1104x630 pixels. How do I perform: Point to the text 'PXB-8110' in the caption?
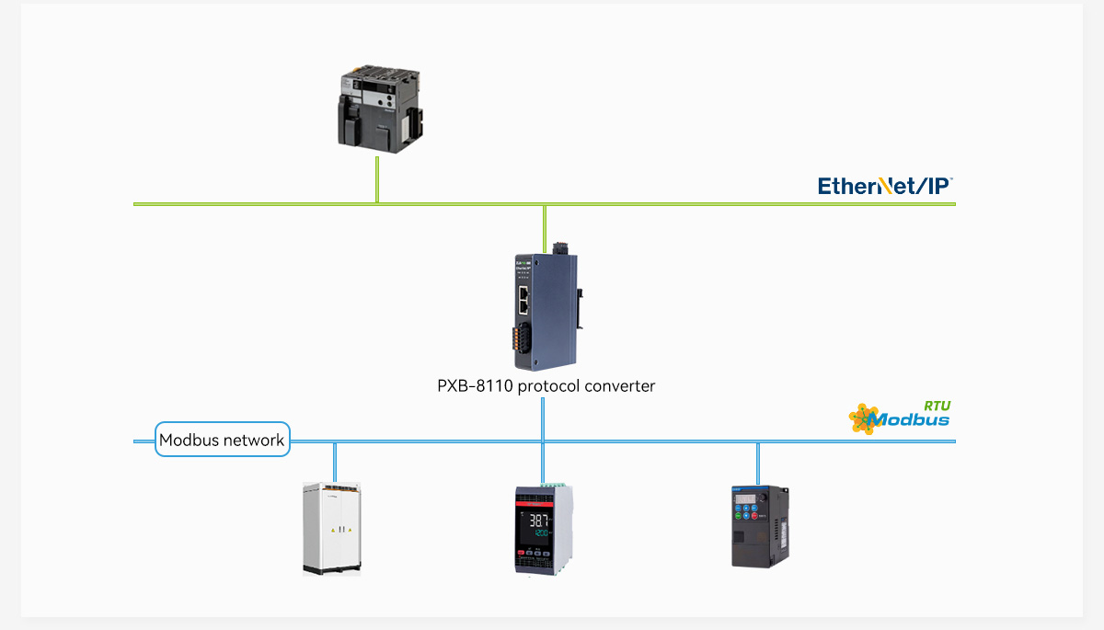[475, 386]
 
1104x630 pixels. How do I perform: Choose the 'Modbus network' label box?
[222, 440]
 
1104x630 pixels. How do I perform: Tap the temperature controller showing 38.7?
[544, 528]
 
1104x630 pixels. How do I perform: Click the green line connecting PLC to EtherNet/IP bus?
[377, 179]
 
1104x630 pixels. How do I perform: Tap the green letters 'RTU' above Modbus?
[937, 405]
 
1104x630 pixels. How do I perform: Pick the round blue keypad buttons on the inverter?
[747, 518]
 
